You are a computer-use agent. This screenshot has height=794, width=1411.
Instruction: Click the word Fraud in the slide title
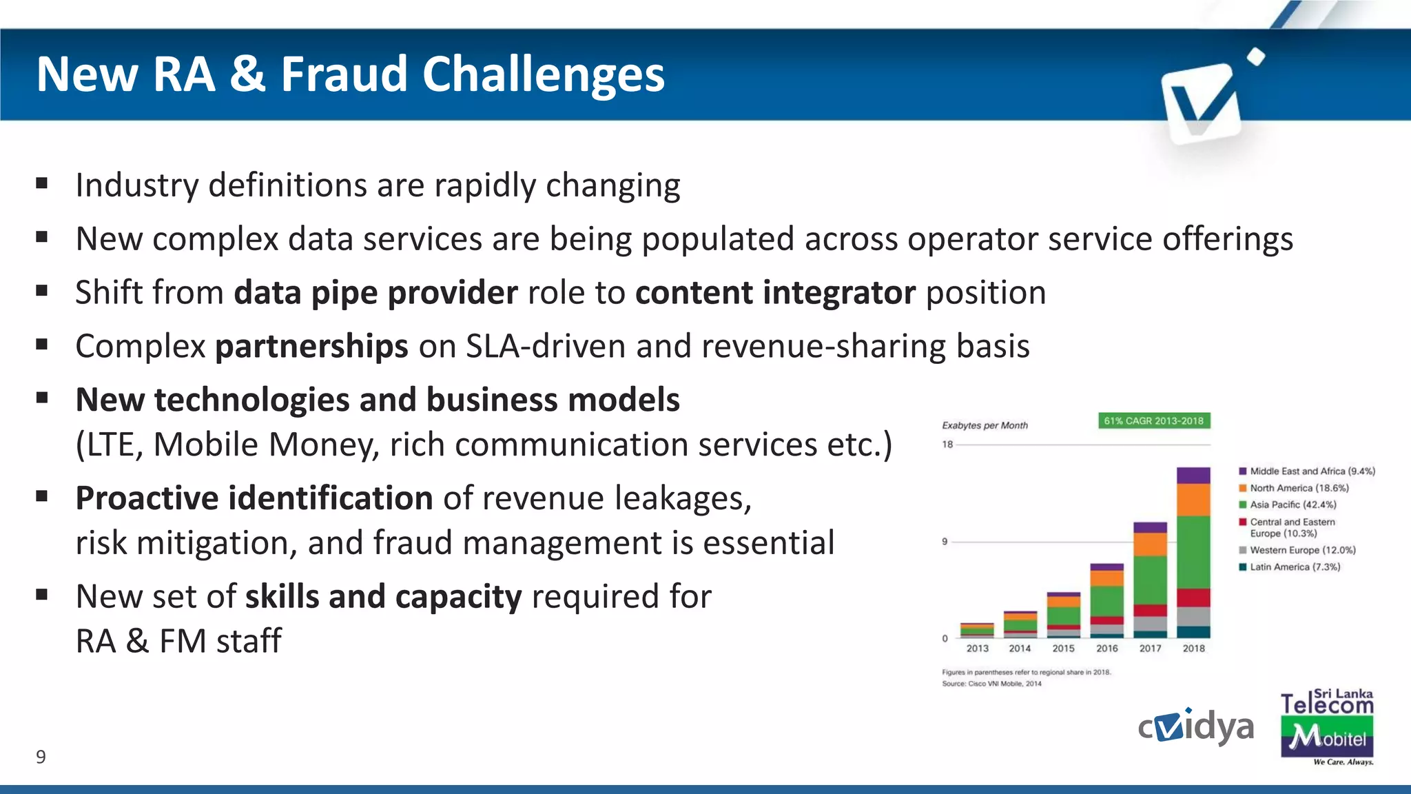point(344,74)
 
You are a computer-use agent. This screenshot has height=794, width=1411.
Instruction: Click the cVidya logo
point(1195,727)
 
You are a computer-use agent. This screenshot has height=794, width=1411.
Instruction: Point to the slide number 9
point(41,757)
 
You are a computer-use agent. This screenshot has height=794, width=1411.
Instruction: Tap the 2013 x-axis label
point(977,649)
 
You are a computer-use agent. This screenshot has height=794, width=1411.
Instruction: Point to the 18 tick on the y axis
point(947,445)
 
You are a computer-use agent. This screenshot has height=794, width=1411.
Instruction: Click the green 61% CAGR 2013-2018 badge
point(1153,420)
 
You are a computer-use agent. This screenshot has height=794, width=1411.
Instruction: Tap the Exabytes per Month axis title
point(985,425)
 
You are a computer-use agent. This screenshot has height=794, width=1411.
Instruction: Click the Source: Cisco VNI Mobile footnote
point(991,684)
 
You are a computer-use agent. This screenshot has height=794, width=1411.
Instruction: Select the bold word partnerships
point(311,346)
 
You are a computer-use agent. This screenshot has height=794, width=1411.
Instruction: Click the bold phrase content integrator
point(775,292)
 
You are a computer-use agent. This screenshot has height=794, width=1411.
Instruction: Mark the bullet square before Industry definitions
point(42,183)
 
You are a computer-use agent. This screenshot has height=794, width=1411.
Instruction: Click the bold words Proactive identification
point(254,498)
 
